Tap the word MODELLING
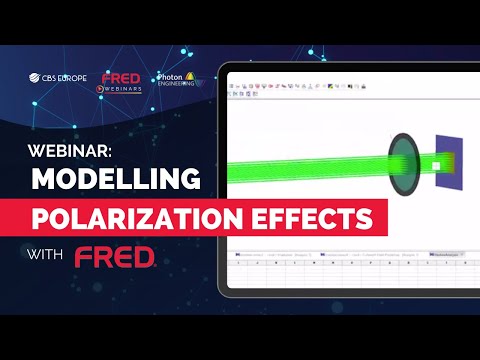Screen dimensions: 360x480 112,181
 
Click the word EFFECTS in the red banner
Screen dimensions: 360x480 317,217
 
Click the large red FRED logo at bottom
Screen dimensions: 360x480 115,258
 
